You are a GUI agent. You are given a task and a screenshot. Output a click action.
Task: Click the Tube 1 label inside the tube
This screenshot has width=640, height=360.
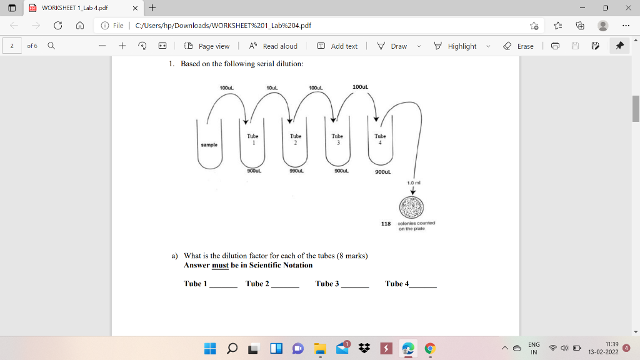[252, 139]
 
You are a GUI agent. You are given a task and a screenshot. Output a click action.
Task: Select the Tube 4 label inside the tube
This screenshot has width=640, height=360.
[380, 139]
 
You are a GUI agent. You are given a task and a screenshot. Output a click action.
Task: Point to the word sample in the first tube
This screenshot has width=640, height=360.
[209, 144]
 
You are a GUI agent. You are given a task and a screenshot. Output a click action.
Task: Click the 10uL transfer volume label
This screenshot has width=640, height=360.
[272, 87]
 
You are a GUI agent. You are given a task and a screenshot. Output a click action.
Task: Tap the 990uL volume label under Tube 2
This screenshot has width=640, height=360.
[296, 170]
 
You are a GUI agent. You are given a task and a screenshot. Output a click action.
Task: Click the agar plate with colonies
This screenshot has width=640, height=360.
[412, 207]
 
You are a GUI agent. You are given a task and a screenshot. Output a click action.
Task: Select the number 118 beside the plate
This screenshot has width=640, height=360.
[386, 223]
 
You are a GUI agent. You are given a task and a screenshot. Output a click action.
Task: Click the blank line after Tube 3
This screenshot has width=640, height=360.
[354, 285]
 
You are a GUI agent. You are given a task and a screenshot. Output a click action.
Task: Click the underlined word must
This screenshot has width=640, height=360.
[220, 265]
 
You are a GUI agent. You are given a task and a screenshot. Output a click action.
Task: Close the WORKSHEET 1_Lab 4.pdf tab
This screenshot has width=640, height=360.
[135, 8]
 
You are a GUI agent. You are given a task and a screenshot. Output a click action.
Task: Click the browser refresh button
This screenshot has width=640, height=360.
[57, 26]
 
